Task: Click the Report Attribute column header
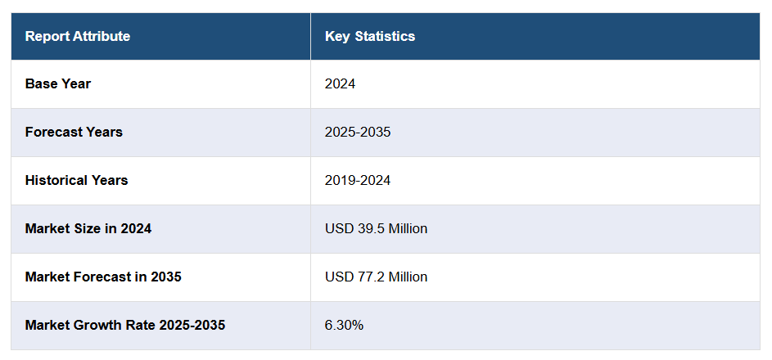click(78, 36)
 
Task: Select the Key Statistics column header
click(370, 36)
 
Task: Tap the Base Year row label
click(58, 83)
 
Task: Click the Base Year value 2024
click(340, 83)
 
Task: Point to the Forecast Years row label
click(74, 132)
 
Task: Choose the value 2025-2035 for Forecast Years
click(358, 132)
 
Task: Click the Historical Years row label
click(76, 180)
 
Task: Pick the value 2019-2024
click(358, 180)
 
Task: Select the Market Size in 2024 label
click(88, 228)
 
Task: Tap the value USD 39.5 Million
click(376, 228)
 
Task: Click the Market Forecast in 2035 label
click(103, 277)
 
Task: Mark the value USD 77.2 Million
click(376, 277)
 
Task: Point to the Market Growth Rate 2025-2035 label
click(125, 325)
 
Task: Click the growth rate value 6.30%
click(344, 325)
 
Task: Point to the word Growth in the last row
click(97, 325)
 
